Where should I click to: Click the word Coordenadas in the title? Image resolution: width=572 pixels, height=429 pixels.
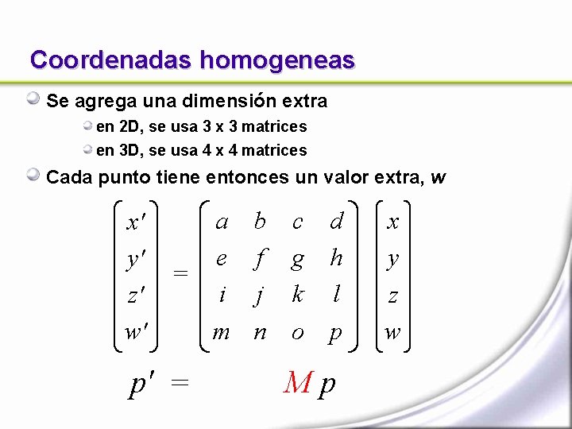tap(111, 60)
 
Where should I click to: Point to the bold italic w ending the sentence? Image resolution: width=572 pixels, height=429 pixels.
tap(438, 177)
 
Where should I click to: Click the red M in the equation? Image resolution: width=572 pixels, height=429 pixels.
tap(298, 385)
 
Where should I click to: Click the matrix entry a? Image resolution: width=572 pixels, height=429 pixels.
tap(222, 222)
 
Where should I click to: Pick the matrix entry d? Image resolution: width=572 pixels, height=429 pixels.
tap(336, 222)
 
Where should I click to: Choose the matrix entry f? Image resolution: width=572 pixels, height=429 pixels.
tap(260, 258)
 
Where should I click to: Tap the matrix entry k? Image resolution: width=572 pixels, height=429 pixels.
tap(298, 295)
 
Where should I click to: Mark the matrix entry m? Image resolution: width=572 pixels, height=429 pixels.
tap(222, 332)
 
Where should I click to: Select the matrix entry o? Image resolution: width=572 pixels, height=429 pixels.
tap(298, 332)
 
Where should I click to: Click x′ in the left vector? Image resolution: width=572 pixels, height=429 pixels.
tap(137, 222)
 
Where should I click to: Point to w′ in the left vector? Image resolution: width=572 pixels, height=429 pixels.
tap(137, 332)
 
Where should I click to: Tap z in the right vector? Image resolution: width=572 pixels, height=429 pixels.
tap(392, 296)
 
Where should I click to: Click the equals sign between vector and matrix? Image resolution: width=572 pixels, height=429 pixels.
tap(181, 273)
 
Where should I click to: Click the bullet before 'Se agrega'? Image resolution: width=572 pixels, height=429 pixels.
tap(33, 99)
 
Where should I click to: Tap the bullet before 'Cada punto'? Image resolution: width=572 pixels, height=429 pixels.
tap(33, 176)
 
